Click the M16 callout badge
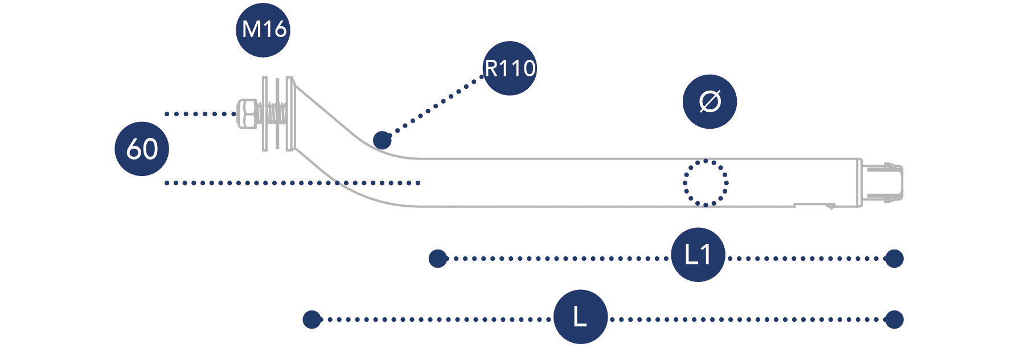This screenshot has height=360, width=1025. point(263,30)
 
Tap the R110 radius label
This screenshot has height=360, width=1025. point(510,68)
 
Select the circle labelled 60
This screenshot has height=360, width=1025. point(142,149)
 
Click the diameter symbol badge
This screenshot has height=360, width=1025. point(710,101)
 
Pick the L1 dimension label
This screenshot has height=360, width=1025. point(698,255)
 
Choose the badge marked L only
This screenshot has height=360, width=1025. point(580,317)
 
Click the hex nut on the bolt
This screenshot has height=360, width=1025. point(247,114)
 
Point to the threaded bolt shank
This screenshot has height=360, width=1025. point(272,114)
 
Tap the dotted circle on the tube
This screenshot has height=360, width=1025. point(706,183)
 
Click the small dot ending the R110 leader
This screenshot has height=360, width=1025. point(382,140)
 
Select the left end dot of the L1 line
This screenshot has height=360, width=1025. point(437,259)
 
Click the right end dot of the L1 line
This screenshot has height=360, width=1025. point(894,259)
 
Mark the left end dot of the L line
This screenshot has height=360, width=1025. point(311,320)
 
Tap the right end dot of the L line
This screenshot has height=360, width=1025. point(894,320)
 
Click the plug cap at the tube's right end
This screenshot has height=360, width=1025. point(883,182)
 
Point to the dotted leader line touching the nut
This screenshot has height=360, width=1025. point(199,114)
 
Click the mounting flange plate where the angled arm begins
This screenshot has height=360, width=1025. point(290,114)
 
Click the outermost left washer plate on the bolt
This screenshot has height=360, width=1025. point(265,114)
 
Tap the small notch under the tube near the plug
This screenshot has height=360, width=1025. point(830,206)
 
